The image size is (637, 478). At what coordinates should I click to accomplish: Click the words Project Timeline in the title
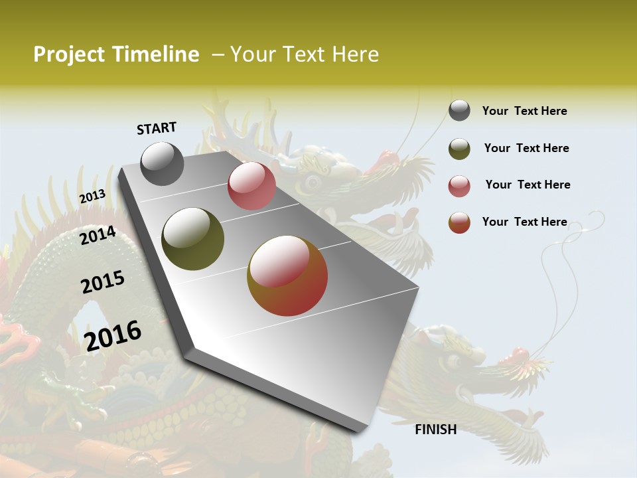tap(116, 54)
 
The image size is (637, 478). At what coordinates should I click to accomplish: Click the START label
tap(157, 128)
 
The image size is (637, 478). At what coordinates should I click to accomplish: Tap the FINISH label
tap(435, 430)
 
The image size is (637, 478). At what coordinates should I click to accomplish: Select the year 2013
tap(93, 197)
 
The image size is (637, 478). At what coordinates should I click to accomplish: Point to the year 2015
tap(103, 283)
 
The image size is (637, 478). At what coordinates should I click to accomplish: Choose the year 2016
tap(113, 335)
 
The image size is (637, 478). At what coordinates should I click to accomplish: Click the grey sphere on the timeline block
tap(163, 163)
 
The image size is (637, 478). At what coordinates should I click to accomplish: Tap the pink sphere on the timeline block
tap(251, 186)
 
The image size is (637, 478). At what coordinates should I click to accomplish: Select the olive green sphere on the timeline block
tap(193, 239)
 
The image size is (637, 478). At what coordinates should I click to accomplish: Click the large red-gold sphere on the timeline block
tap(287, 276)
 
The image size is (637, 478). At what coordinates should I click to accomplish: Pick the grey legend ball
tap(459, 111)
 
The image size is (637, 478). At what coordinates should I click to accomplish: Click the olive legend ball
tap(459, 149)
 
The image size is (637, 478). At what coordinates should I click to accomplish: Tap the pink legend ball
tap(459, 186)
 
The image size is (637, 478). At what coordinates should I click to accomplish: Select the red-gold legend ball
tap(459, 222)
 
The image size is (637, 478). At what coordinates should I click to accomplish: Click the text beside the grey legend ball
tap(524, 111)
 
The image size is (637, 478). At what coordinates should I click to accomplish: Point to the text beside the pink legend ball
tap(528, 185)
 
